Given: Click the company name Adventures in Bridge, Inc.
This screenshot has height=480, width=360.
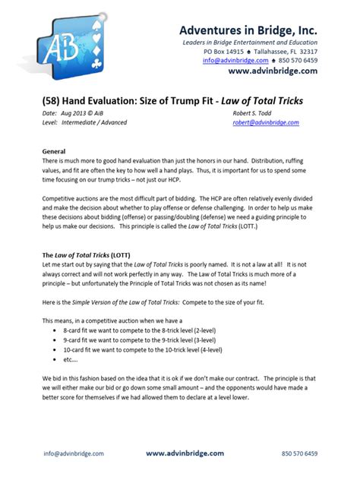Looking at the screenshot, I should pyautogui.click(x=248, y=30).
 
